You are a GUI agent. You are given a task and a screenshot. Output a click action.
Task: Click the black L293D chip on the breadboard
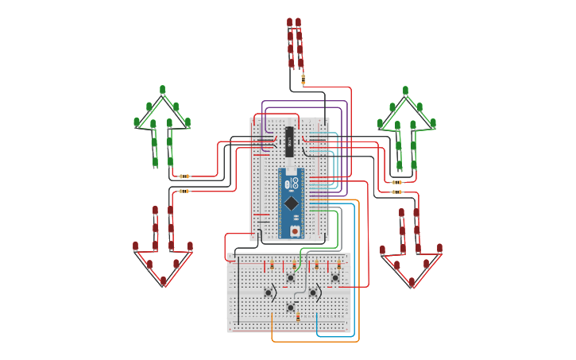click(x=290, y=141)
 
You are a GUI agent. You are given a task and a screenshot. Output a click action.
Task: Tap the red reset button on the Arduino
click(x=295, y=230)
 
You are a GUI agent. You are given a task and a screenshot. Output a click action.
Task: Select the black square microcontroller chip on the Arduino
click(x=292, y=203)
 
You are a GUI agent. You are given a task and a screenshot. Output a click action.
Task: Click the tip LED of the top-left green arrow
click(x=162, y=90)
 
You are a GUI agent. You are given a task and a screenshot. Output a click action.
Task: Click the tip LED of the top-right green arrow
click(x=405, y=91)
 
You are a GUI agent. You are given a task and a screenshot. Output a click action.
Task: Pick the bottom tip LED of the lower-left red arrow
click(x=163, y=281)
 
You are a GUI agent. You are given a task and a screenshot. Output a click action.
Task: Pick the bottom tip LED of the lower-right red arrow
click(x=412, y=281)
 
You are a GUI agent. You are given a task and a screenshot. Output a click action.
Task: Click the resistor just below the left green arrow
click(x=184, y=176)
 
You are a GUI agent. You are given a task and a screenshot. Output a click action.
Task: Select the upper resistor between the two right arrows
click(x=396, y=182)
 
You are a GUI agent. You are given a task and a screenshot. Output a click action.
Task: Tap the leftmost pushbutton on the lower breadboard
click(x=269, y=292)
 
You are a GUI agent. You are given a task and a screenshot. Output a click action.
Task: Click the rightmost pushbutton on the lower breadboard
click(x=335, y=277)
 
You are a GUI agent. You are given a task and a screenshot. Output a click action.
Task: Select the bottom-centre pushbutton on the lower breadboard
click(x=291, y=307)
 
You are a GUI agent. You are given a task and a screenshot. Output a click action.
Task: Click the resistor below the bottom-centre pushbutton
click(x=298, y=318)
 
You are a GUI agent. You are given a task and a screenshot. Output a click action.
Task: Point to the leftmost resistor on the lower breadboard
click(x=272, y=265)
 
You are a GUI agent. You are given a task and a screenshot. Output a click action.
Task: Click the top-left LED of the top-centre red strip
click(x=290, y=23)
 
